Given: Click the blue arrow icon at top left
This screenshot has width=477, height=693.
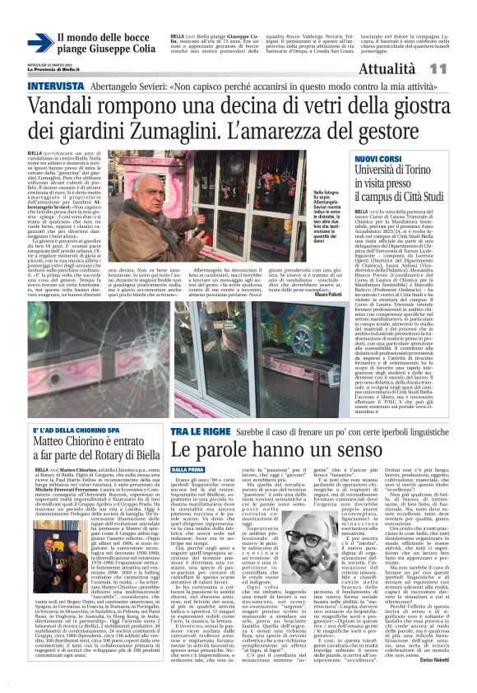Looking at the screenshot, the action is coord(40,44).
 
